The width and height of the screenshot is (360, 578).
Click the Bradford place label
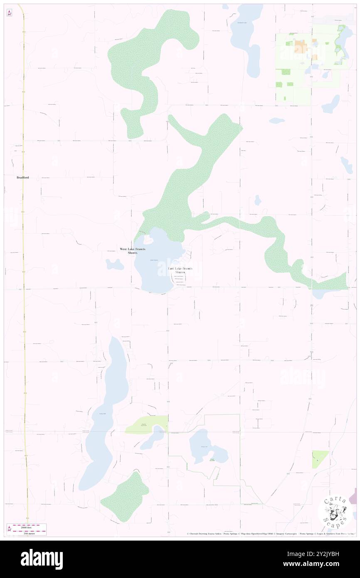coord(23,178)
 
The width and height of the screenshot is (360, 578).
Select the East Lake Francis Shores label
coord(180,270)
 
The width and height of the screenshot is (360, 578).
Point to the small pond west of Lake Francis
coord(114,264)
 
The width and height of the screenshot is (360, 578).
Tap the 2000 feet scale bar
coord(29,526)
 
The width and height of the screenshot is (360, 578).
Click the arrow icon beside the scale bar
coord(9,529)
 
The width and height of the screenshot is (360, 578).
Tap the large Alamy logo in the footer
coord(42,559)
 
